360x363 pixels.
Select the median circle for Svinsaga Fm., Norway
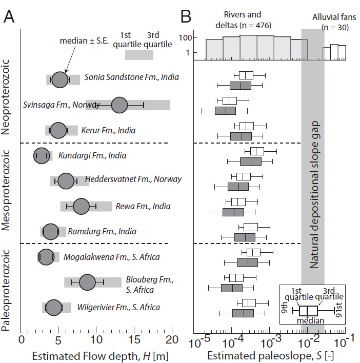tap(119, 105)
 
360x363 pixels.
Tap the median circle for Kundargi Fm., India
tap(42, 156)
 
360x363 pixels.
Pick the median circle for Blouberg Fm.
tap(87, 281)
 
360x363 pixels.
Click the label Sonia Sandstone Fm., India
tap(132, 77)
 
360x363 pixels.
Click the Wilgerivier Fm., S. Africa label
tap(118, 308)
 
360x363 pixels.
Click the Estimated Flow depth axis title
tap(97, 355)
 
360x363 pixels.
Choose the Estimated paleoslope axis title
tap(267, 355)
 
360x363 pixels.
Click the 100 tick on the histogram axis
tap(186, 38)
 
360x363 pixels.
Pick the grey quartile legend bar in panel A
tap(139, 55)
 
